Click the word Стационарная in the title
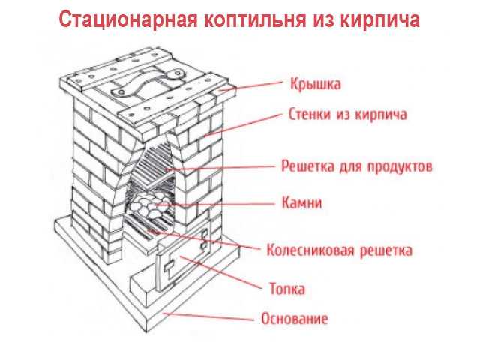(x=128, y=20)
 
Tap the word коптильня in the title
(x=256, y=20)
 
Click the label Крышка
(x=316, y=83)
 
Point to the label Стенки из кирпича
(x=348, y=114)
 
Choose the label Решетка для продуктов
(x=357, y=166)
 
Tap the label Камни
(x=301, y=202)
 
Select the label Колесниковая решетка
(x=340, y=250)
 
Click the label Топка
(x=287, y=288)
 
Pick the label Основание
(x=295, y=318)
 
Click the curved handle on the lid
(x=147, y=82)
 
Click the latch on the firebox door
(x=169, y=267)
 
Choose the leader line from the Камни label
(x=215, y=204)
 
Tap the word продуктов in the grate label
(x=400, y=166)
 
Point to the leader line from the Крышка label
(x=251, y=86)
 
